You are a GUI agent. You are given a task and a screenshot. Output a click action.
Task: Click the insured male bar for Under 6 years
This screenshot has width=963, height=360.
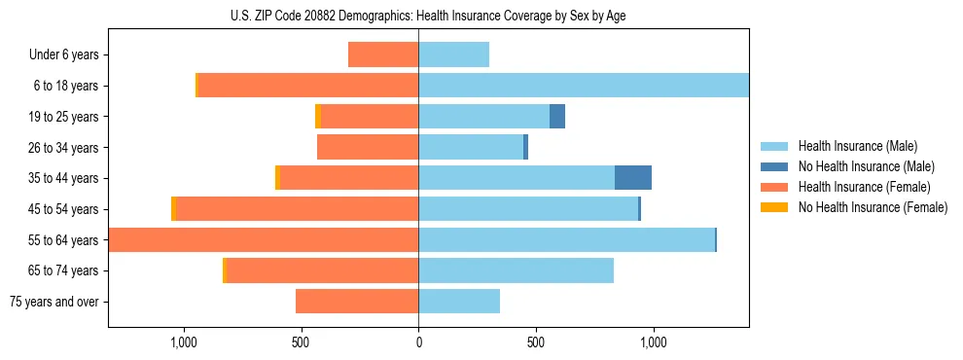click(453, 55)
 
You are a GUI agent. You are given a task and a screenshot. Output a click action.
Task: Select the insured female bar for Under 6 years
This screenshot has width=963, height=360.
click(383, 55)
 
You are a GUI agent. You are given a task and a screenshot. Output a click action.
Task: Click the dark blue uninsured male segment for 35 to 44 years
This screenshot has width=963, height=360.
click(633, 178)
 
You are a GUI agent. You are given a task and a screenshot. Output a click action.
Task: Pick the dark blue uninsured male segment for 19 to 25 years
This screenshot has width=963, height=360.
click(557, 117)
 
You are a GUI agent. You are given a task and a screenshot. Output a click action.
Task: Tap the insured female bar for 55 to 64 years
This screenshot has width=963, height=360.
click(263, 240)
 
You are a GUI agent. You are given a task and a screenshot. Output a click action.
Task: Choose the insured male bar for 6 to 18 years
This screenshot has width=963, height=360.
click(584, 86)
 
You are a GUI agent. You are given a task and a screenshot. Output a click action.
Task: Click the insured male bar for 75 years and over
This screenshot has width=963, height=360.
click(459, 302)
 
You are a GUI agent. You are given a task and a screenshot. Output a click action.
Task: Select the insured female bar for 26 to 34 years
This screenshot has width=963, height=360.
click(368, 148)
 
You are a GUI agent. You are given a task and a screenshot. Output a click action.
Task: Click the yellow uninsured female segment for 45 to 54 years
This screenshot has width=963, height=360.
click(173, 209)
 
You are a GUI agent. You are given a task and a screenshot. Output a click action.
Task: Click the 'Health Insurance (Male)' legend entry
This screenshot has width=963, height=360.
click(856, 146)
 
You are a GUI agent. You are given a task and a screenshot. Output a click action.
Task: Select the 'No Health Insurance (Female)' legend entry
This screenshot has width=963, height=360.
click(872, 207)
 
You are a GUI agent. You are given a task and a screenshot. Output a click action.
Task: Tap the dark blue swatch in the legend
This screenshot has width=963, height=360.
click(775, 166)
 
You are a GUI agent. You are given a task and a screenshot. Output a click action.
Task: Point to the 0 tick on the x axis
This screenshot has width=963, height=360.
click(418, 342)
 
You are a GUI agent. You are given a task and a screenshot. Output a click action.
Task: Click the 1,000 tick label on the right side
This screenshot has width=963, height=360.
click(653, 342)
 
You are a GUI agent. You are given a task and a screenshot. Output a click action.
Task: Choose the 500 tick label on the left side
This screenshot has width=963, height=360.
click(301, 342)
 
